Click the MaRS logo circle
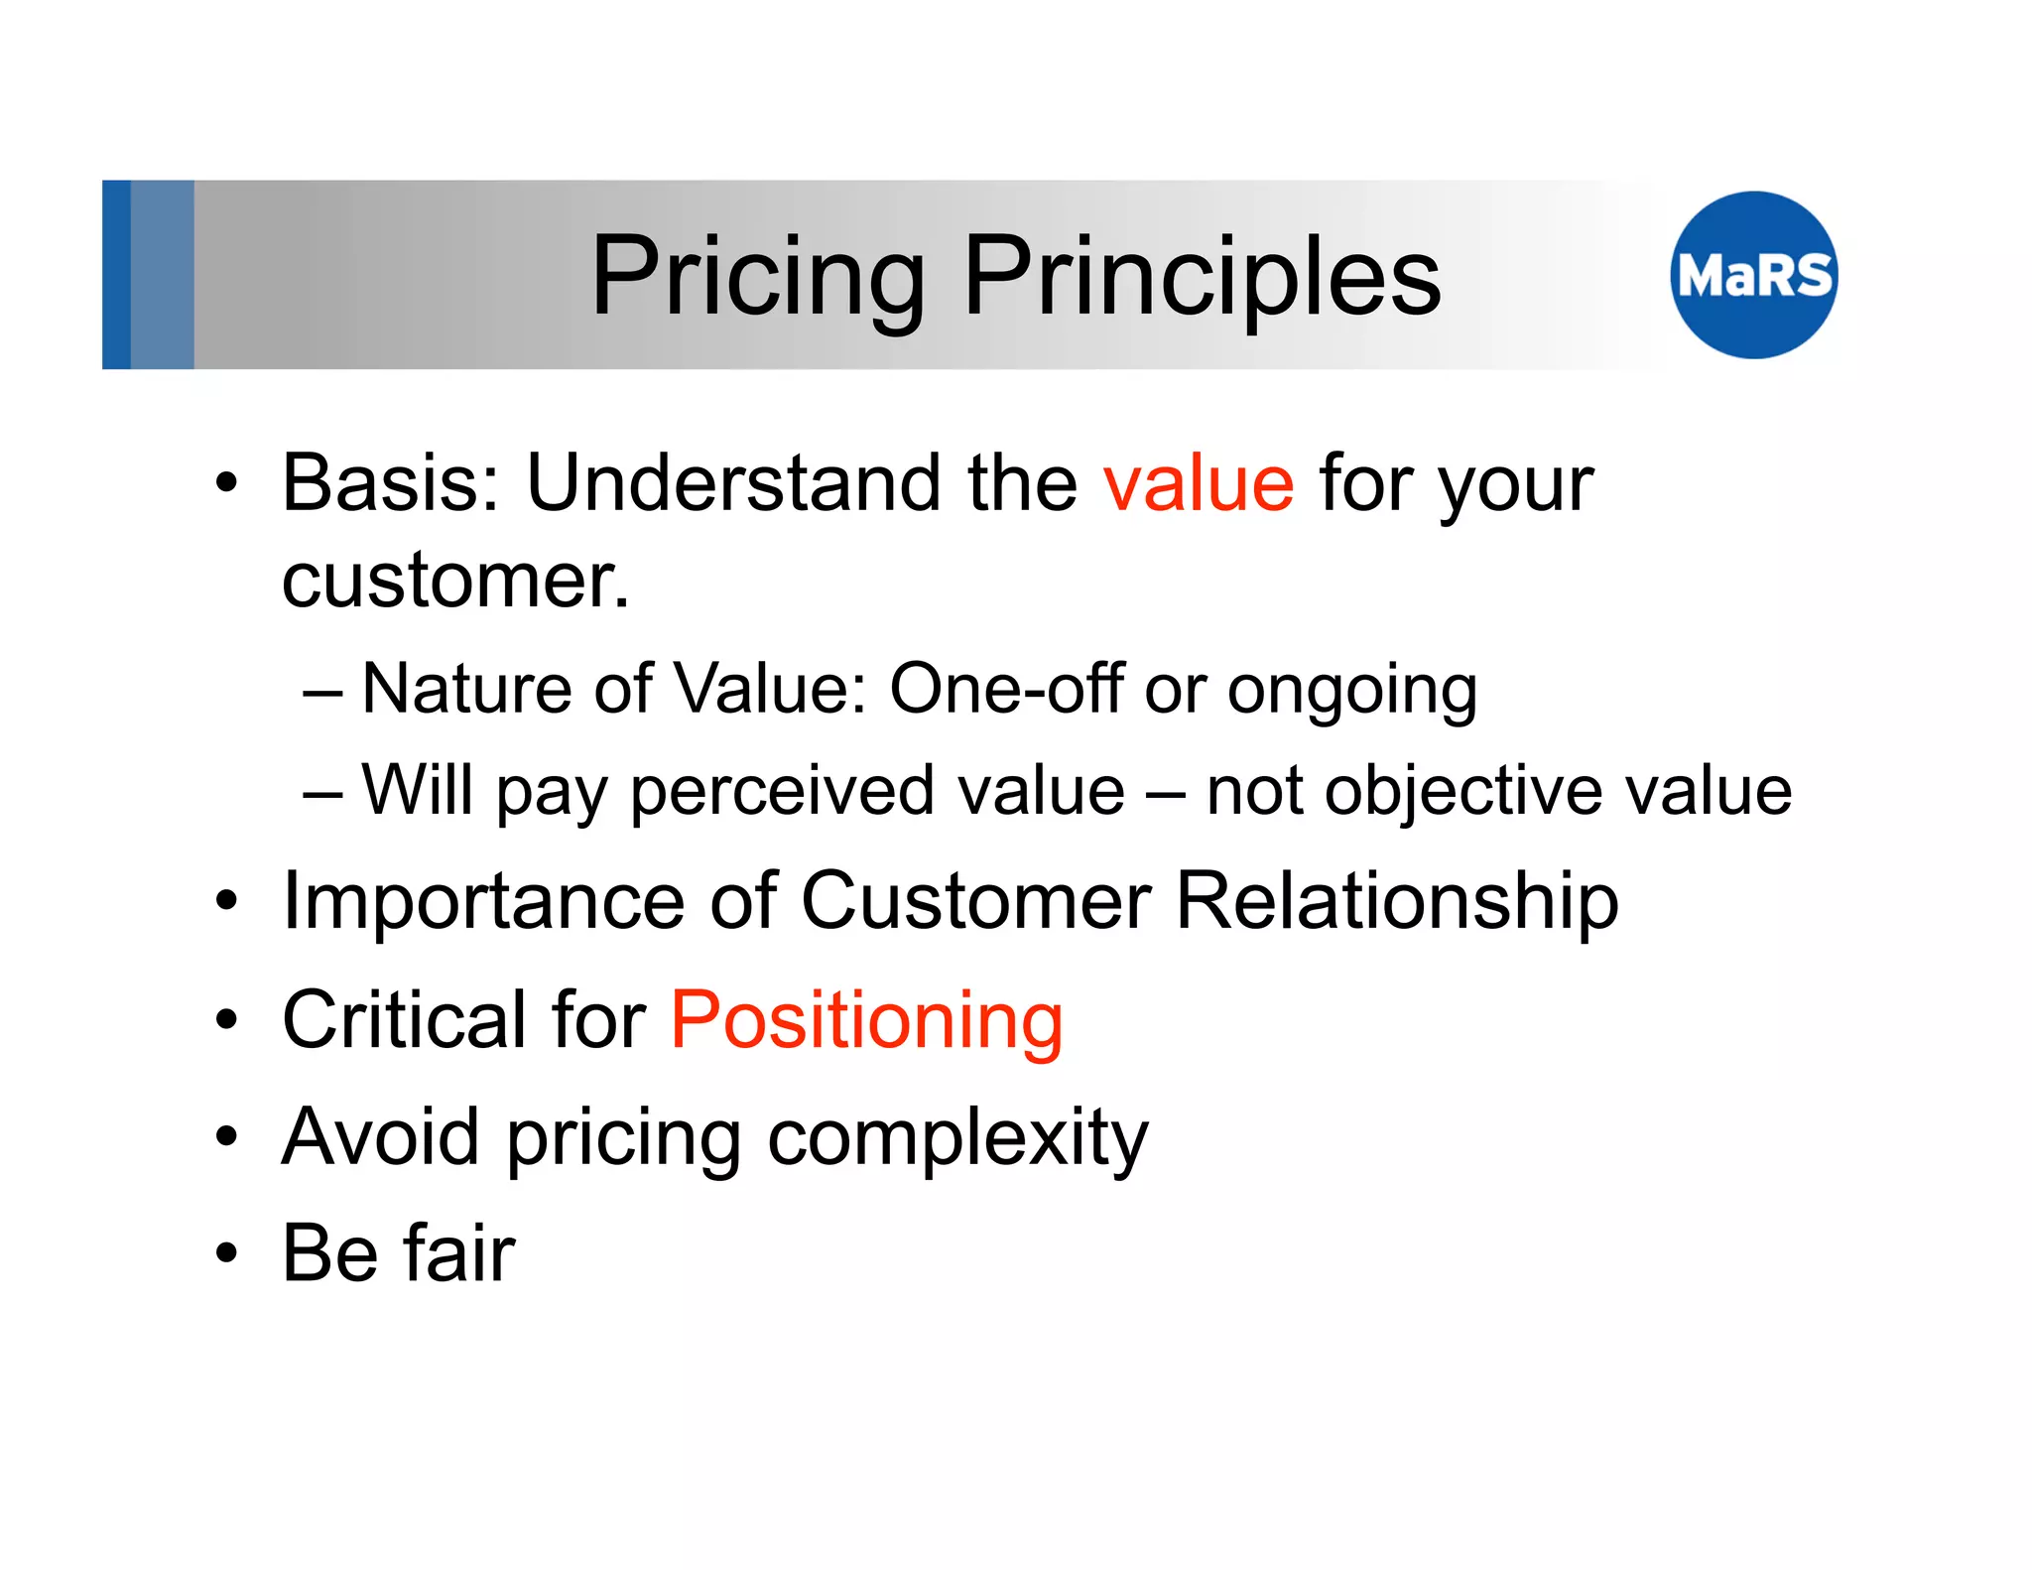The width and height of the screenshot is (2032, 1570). pos(1753,275)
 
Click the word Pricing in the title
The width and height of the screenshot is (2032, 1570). pos(757,277)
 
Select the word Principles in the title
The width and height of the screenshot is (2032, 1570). pos(1202,277)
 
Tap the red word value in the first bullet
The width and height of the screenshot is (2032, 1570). pos(1199,483)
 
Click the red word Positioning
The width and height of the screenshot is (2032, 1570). pos(866,1020)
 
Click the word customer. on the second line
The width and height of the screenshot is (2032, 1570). pos(455,581)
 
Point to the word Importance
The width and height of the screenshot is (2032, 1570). pos(483,901)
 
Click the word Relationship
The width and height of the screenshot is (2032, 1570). pos(1397,901)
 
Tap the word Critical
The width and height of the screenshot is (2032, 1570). pos(404,1020)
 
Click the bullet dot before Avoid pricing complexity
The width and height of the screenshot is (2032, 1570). pos(227,1138)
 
